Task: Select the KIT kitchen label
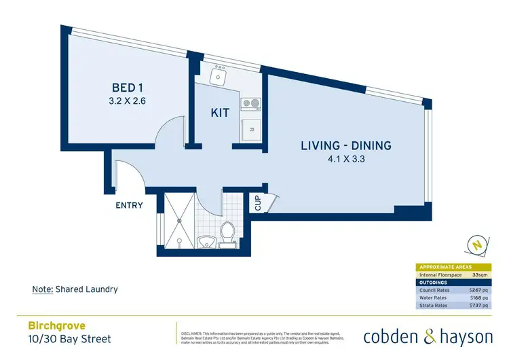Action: [221, 113]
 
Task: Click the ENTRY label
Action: [129, 204]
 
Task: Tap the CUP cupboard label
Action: [258, 202]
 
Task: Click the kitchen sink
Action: [219, 76]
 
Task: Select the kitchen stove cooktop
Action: [252, 105]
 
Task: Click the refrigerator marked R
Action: [251, 129]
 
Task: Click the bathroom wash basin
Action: [204, 241]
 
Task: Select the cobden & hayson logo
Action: [427, 336]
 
